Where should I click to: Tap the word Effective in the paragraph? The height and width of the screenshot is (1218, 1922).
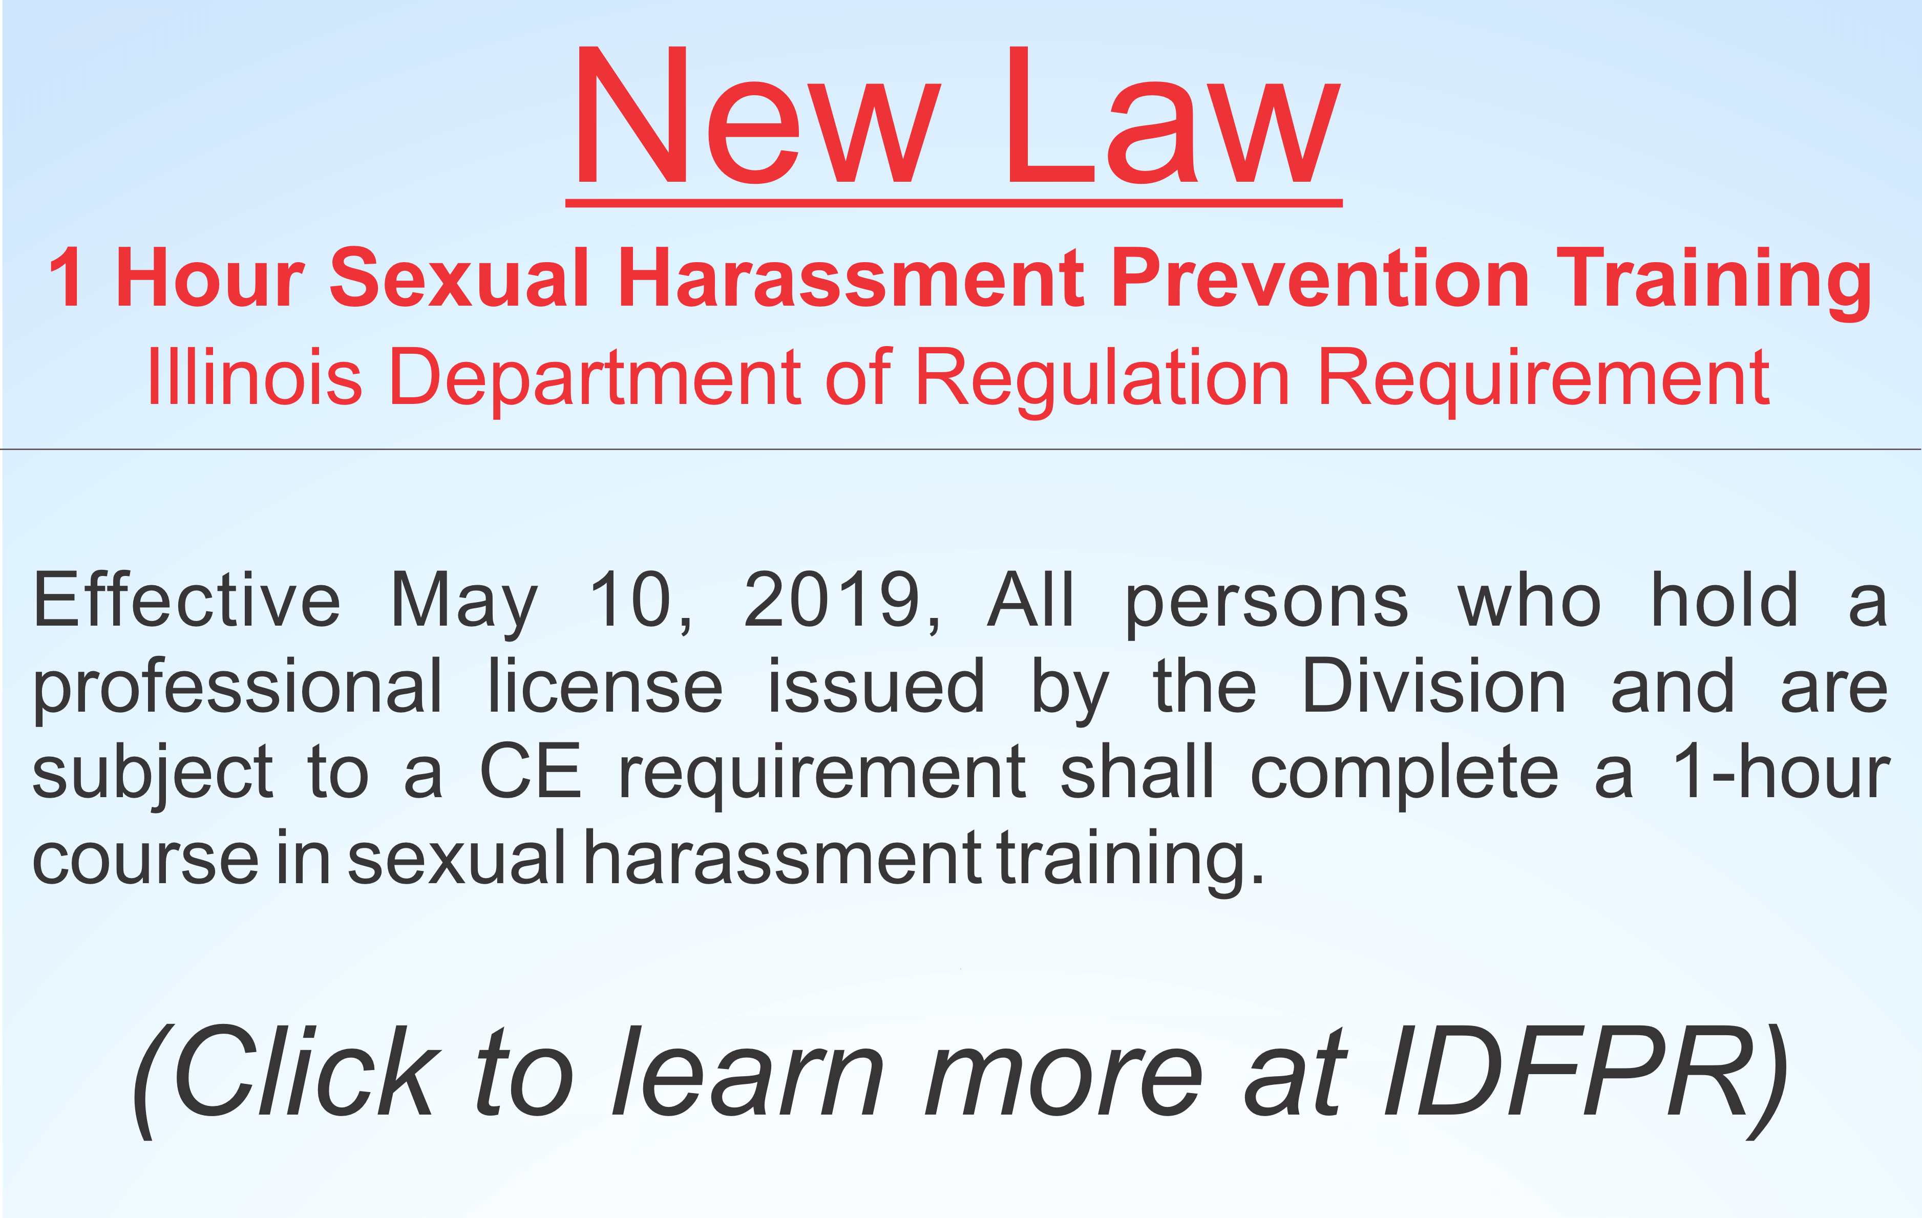[186, 600]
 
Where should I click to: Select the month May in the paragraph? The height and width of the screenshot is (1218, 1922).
[464, 604]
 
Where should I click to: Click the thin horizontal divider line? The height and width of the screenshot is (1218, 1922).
[961, 450]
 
